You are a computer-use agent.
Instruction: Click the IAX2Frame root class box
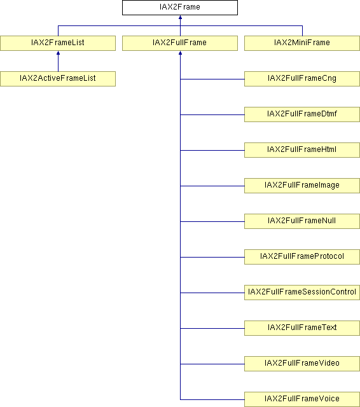click(x=180, y=8)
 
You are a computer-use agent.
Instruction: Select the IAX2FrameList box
click(x=58, y=43)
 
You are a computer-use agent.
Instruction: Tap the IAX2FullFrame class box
click(x=180, y=43)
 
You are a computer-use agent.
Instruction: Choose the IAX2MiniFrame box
click(x=302, y=43)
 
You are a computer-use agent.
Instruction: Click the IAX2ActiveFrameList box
click(x=58, y=79)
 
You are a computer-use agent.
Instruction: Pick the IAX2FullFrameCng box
click(x=302, y=79)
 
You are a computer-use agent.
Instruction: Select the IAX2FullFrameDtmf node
click(x=302, y=114)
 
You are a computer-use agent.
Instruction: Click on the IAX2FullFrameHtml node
click(x=302, y=150)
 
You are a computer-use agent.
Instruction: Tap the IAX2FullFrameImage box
click(x=302, y=186)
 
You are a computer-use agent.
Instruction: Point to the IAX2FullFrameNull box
click(x=302, y=221)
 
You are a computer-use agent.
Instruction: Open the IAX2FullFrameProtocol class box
click(x=302, y=257)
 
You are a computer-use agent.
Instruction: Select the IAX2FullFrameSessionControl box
click(x=302, y=293)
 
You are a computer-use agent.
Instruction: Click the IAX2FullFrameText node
click(x=302, y=328)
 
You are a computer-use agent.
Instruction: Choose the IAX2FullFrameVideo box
click(x=302, y=364)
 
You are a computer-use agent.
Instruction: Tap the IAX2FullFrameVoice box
click(x=302, y=399)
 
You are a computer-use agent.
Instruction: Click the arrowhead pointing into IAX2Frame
click(x=180, y=17)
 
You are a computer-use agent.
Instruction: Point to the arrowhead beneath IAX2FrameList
click(x=58, y=53)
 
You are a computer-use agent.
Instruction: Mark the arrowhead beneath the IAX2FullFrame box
click(x=180, y=53)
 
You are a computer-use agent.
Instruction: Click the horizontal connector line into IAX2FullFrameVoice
click(x=212, y=399)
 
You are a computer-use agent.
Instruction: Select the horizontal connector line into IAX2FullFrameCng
click(x=212, y=79)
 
